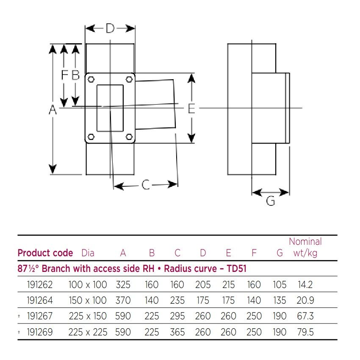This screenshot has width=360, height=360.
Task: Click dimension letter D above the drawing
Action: [110, 29]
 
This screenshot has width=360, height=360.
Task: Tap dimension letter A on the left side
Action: [53, 110]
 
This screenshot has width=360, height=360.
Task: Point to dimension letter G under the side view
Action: [271, 201]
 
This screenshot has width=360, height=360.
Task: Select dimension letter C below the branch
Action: [146, 185]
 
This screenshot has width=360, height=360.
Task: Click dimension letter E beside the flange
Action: [191, 109]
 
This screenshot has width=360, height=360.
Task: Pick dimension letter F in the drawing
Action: [64, 75]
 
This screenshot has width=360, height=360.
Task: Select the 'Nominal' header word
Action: [305, 242]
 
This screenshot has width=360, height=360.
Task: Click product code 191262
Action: [39, 285]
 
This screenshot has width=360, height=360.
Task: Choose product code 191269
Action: [39, 332]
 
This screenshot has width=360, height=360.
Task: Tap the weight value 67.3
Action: [305, 316]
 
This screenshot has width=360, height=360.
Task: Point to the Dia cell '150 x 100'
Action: [88, 300]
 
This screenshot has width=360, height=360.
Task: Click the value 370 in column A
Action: [123, 300]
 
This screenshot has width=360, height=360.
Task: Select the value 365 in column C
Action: [177, 332]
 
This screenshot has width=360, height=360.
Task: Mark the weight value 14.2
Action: [305, 285]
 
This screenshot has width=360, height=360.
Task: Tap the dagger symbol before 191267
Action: [19, 316]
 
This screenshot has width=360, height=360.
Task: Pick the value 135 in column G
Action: [280, 300]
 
